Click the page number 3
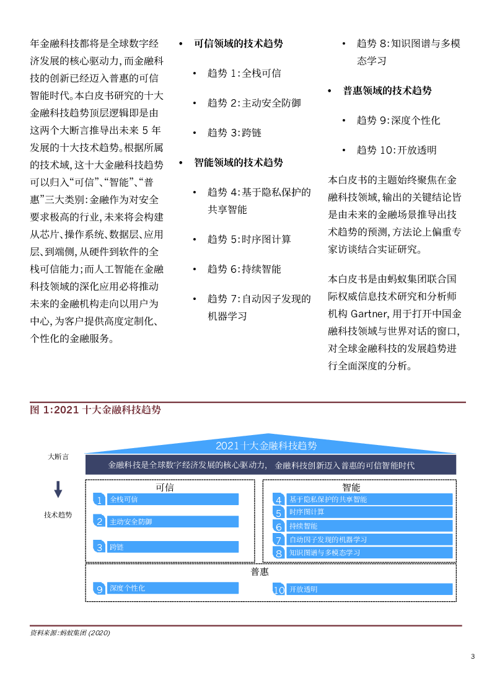pyautogui.click(x=473, y=656)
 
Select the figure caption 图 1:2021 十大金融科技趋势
pyautogui.click(x=95, y=410)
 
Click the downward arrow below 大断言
pyautogui.click(x=58, y=490)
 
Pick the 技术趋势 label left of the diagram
pyautogui.click(x=58, y=515)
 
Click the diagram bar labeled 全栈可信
pyautogui.click(x=174, y=499)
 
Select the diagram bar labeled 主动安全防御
pyautogui.click(x=174, y=521)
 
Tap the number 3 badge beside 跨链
pyautogui.click(x=99, y=547)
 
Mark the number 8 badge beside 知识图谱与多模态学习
pyautogui.click(x=279, y=553)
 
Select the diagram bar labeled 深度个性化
pyautogui.click(x=174, y=588)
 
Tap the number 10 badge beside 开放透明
pyautogui.click(x=279, y=590)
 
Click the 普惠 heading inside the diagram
pyautogui.click(x=260, y=571)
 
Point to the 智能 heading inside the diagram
pyautogui.click(x=351, y=487)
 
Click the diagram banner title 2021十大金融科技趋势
pyautogui.click(x=266, y=446)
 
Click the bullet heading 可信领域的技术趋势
pyautogui.click(x=239, y=43)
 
